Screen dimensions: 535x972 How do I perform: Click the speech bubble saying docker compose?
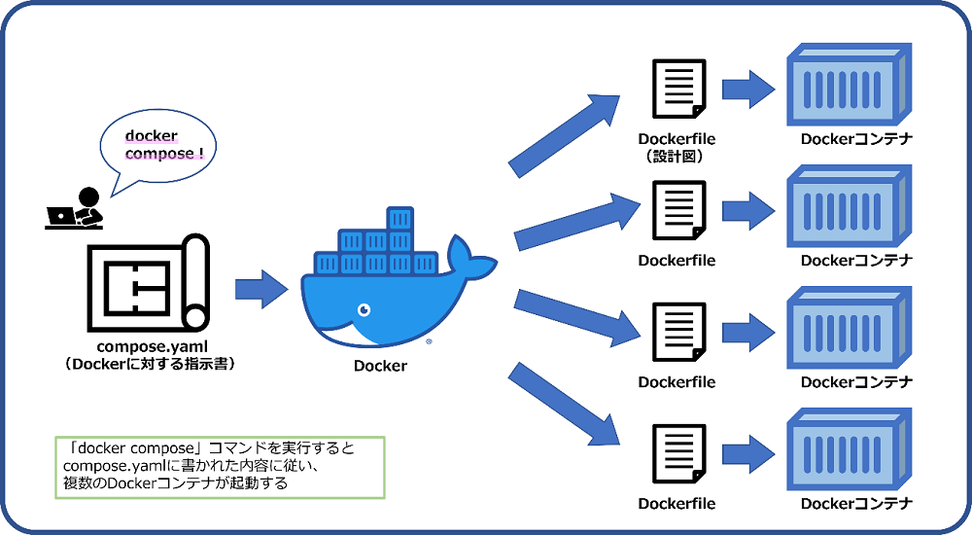pyautogui.click(x=158, y=146)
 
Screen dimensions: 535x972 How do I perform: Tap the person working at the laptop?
pyautogui.click(x=76, y=207)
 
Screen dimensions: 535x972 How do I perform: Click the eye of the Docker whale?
pyautogui.click(x=364, y=310)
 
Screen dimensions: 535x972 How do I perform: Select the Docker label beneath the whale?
pyautogui.click(x=380, y=367)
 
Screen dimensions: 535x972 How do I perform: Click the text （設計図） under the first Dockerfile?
pyautogui.click(x=677, y=156)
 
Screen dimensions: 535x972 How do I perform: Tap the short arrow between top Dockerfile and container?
pyautogui.click(x=747, y=89)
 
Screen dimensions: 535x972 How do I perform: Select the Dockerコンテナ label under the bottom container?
pyautogui.click(x=856, y=504)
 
